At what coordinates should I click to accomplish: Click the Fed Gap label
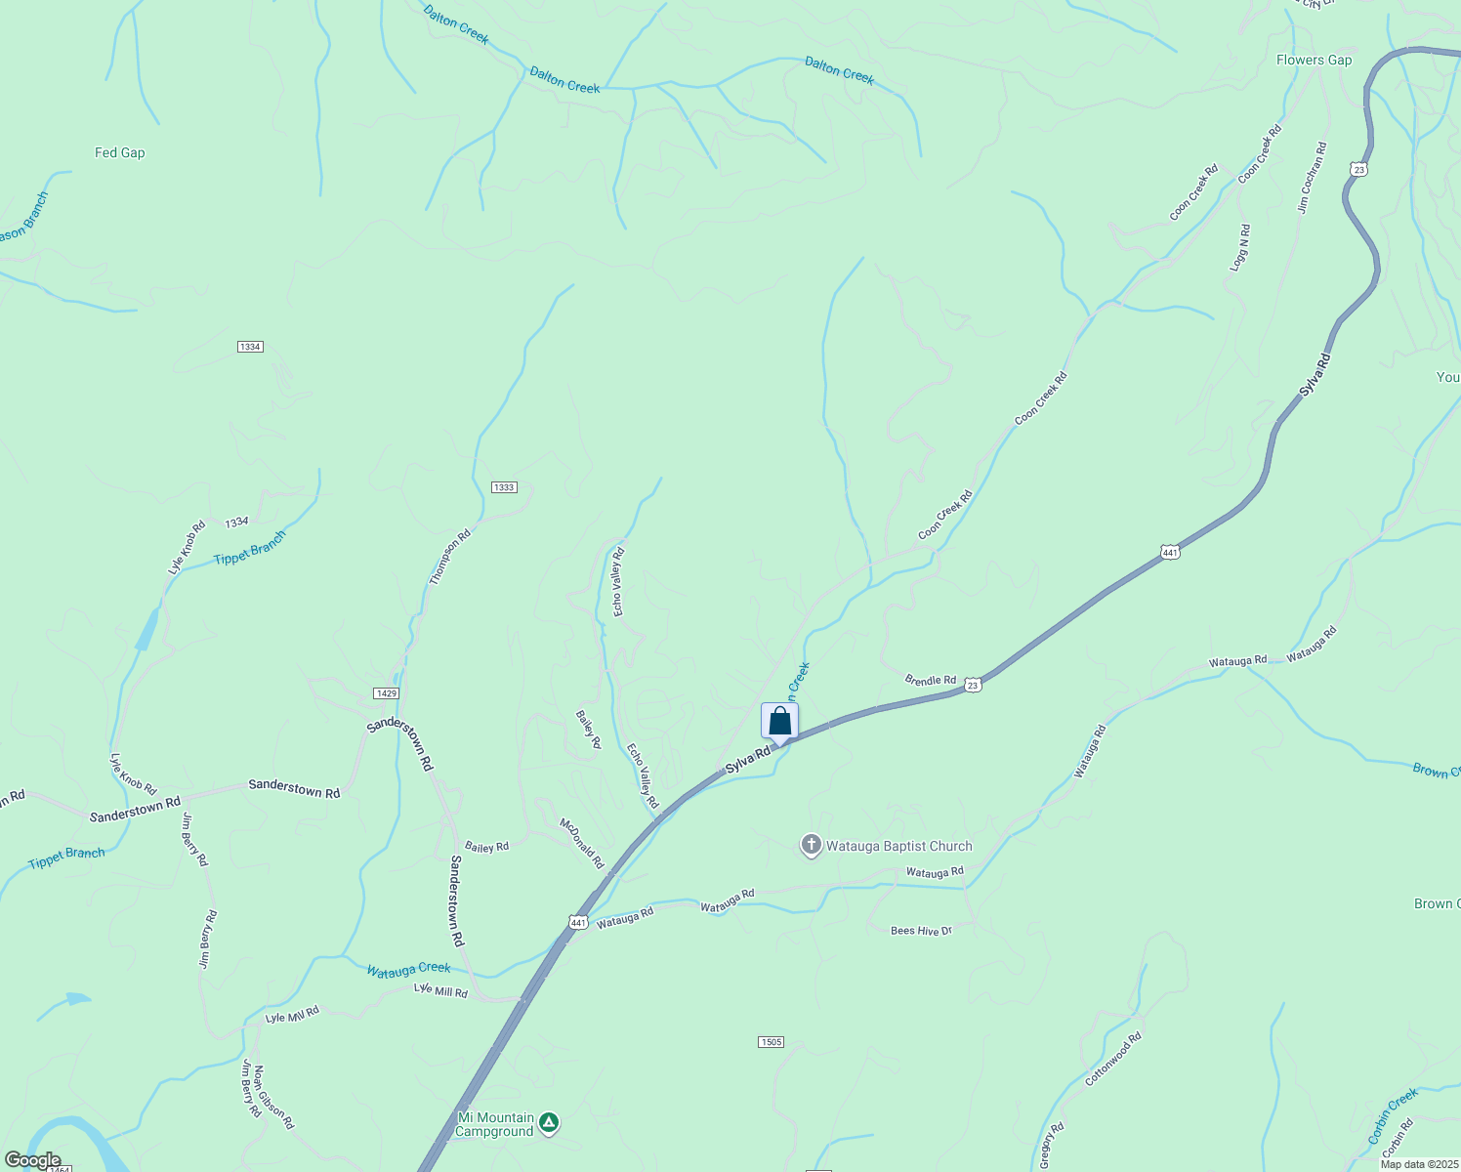coord(119,152)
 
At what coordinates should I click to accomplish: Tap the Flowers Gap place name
coord(1314,60)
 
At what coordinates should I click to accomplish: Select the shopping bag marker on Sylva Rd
coord(779,722)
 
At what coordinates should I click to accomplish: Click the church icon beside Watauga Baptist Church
coord(811,846)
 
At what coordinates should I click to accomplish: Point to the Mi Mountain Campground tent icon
coord(549,1124)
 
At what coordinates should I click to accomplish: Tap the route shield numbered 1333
coord(504,487)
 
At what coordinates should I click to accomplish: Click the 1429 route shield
coord(386,693)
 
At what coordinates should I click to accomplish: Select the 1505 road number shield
coord(771,1042)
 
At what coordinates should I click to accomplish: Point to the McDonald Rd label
coord(582,844)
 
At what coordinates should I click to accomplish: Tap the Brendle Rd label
coord(930,680)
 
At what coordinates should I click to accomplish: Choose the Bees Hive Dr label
coord(921,931)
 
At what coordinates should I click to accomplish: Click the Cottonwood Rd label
coord(1113,1060)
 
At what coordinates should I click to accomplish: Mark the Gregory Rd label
coord(1052,1146)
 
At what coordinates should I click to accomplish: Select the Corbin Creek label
coord(1393,1116)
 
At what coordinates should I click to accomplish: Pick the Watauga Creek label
coord(408,969)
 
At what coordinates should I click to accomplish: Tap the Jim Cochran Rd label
coord(1312,178)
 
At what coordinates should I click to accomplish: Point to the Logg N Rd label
coord(1240,248)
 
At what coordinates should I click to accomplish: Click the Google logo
coord(32,1160)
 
